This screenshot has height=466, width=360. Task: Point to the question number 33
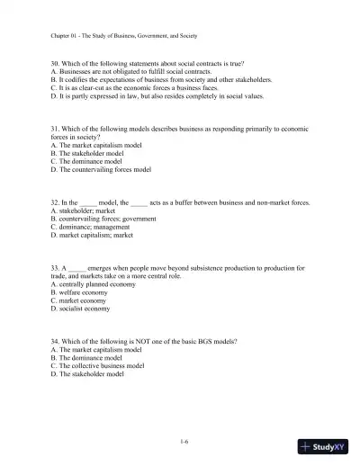coord(56,267)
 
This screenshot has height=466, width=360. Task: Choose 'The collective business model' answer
coord(101,366)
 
